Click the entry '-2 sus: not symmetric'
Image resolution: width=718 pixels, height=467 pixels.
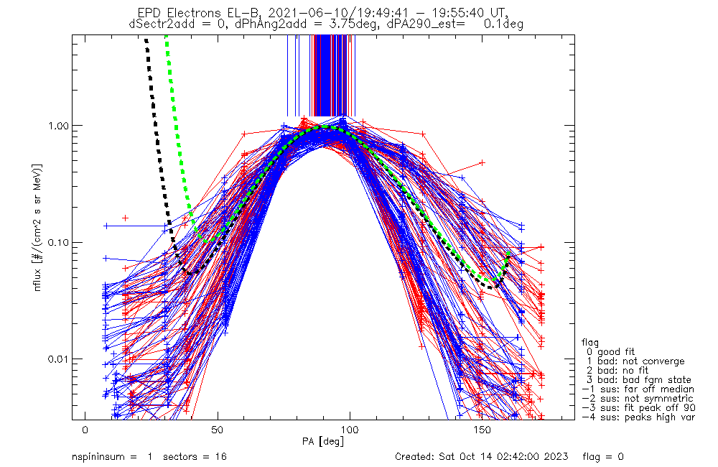[638, 399]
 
